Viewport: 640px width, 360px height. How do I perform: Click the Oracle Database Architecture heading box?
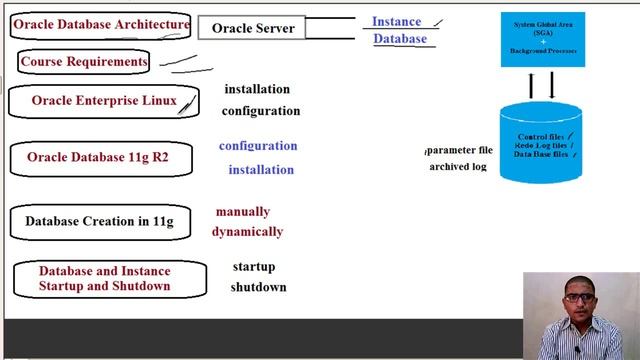(101, 25)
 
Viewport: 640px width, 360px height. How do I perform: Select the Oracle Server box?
(253, 28)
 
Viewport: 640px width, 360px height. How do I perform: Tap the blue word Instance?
(396, 21)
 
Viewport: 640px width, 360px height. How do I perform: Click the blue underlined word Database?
(399, 39)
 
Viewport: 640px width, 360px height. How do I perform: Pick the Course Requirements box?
(83, 62)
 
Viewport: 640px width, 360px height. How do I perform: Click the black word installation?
(257, 89)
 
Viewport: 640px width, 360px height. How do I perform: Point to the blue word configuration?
(258, 146)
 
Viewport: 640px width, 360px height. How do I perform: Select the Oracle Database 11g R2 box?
(97, 158)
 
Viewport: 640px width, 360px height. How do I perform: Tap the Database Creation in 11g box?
(99, 222)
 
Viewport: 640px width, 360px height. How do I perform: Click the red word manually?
(242, 212)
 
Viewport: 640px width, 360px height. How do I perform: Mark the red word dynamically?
(247, 232)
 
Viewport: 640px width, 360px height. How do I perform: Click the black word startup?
(253, 267)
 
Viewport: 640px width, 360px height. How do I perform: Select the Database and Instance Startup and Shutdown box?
(105, 279)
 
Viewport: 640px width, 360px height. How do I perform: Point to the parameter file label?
(459, 150)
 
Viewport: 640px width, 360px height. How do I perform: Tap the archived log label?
(458, 167)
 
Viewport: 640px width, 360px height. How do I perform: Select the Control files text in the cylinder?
(541, 136)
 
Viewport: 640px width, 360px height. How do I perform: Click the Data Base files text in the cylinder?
(541, 155)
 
